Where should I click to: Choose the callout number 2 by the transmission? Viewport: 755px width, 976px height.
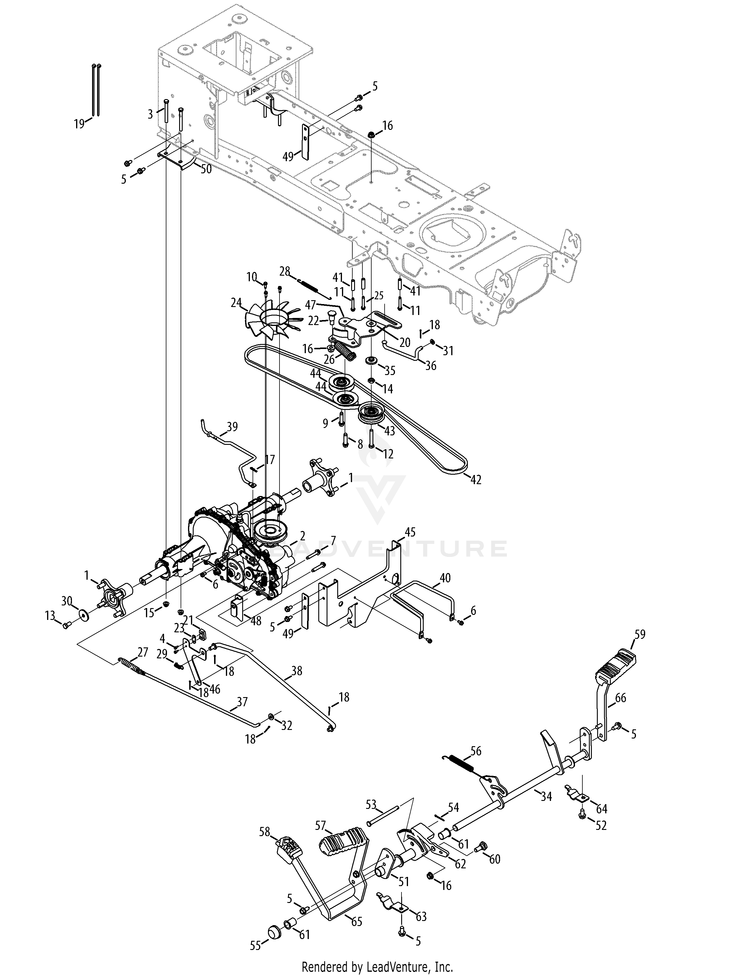[303, 535]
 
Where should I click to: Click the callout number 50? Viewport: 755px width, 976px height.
[206, 170]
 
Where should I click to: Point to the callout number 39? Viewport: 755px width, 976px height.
[232, 427]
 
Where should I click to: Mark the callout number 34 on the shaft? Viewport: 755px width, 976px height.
[546, 796]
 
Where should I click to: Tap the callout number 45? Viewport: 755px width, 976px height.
[410, 532]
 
